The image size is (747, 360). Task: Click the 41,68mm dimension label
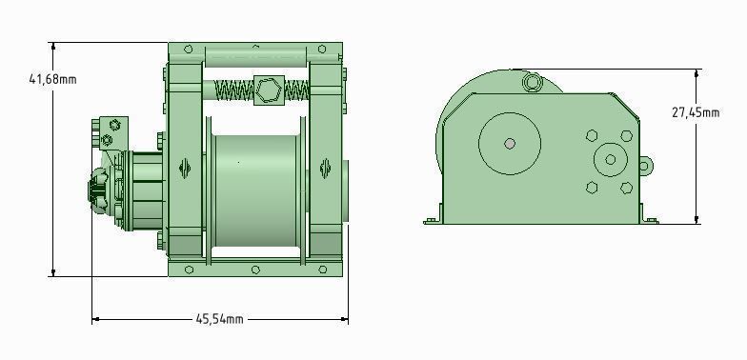tap(52, 79)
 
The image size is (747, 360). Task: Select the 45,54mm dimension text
tap(220, 319)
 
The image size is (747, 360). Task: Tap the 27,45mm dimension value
tap(695, 111)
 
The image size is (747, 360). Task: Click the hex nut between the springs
tap(268, 90)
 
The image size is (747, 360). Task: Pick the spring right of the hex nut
tap(296, 91)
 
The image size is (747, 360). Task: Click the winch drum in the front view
tap(255, 190)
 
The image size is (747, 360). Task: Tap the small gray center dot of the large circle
tap(510, 144)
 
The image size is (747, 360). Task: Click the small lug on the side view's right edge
tap(645, 168)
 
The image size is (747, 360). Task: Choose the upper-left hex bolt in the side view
tap(591, 136)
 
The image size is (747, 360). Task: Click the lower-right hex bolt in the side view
tap(626, 188)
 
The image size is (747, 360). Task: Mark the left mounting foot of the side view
tap(433, 216)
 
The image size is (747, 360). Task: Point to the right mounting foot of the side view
tap(650, 216)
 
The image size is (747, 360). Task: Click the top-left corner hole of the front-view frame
tap(189, 50)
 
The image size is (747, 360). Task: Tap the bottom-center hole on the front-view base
tap(255, 270)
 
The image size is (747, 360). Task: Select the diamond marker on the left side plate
tap(185, 169)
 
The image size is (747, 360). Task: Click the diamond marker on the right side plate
tap(326, 169)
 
